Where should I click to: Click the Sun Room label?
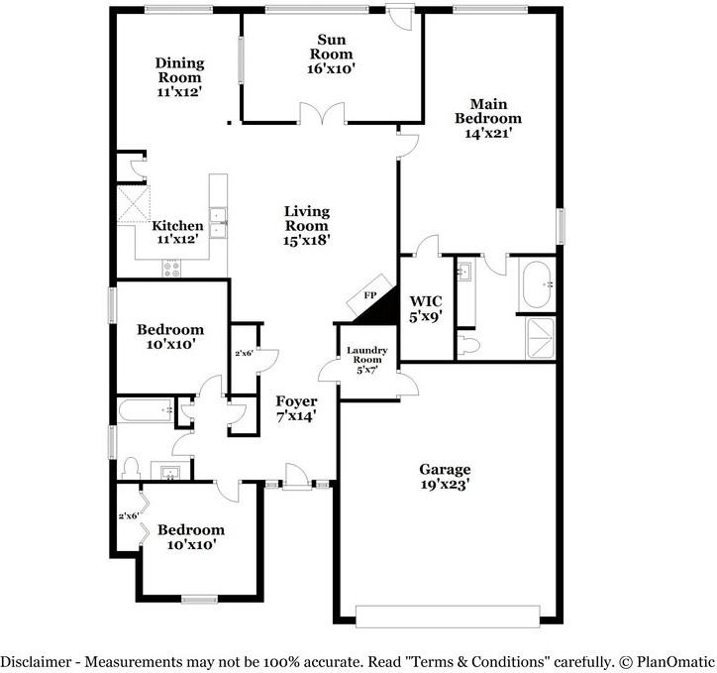pos(332,47)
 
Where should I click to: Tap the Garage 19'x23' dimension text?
pos(445,485)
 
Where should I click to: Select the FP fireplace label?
pos(370,295)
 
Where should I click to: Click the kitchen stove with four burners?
pos(171,268)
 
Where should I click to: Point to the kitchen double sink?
pos(218,223)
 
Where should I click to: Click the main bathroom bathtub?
pos(537,284)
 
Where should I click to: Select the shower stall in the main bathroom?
pos(541,338)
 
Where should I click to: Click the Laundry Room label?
pos(367,355)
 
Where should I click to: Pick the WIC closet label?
pos(426,301)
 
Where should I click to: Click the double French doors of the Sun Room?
pos(323,113)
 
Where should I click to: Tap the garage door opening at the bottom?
pos(448,617)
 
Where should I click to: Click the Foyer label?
pos(296,401)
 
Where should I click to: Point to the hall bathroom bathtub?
pos(146,410)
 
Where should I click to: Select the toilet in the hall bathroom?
pos(132,468)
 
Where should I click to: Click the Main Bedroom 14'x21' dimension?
pos(488,133)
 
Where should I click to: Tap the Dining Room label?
pos(179,70)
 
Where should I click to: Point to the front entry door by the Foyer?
pos(294,477)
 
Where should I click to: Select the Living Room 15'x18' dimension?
pos(307,240)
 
